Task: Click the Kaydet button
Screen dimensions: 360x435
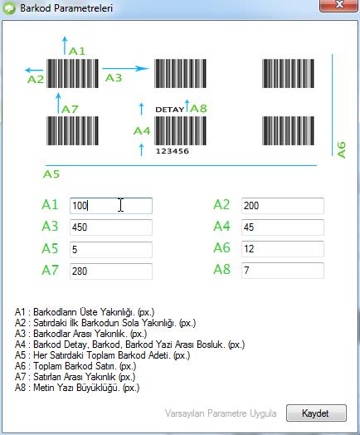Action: click(x=316, y=413)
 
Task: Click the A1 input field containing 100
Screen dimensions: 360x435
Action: click(x=111, y=206)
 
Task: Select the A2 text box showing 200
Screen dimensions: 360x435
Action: click(x=282, y=206)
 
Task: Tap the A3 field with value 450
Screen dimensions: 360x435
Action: click(x=111, y=227)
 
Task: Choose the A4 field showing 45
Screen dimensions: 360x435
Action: click(x=282, y=227)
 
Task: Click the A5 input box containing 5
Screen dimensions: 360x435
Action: click(x=111, y=249)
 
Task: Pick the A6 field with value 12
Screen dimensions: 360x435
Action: click(x=282, y=249)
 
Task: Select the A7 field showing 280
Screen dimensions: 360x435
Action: click(x=111, y=271)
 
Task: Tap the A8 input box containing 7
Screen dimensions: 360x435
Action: click(x=282, y=270)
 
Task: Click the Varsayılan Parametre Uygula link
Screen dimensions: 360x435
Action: click(x=221, y=413)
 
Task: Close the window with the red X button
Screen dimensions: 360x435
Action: click(x=338, y=6)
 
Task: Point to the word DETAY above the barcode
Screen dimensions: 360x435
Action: click(x=169, y=110)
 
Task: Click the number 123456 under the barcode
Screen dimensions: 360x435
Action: click(x=172, y=151)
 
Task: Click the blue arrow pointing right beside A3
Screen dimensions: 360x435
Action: click(x=125, y=68)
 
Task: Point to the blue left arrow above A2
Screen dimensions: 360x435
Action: click(x=34, y=71)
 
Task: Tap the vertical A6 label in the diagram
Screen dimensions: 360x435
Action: click(x=342, y=149)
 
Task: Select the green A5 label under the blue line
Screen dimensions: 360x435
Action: click(x=51, y=174)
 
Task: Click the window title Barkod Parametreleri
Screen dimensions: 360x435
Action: click(x=66, y=8)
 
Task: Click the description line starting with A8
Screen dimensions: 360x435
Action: click(x=77, y=388)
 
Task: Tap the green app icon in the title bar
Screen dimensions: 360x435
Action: click(x=9, y=8)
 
